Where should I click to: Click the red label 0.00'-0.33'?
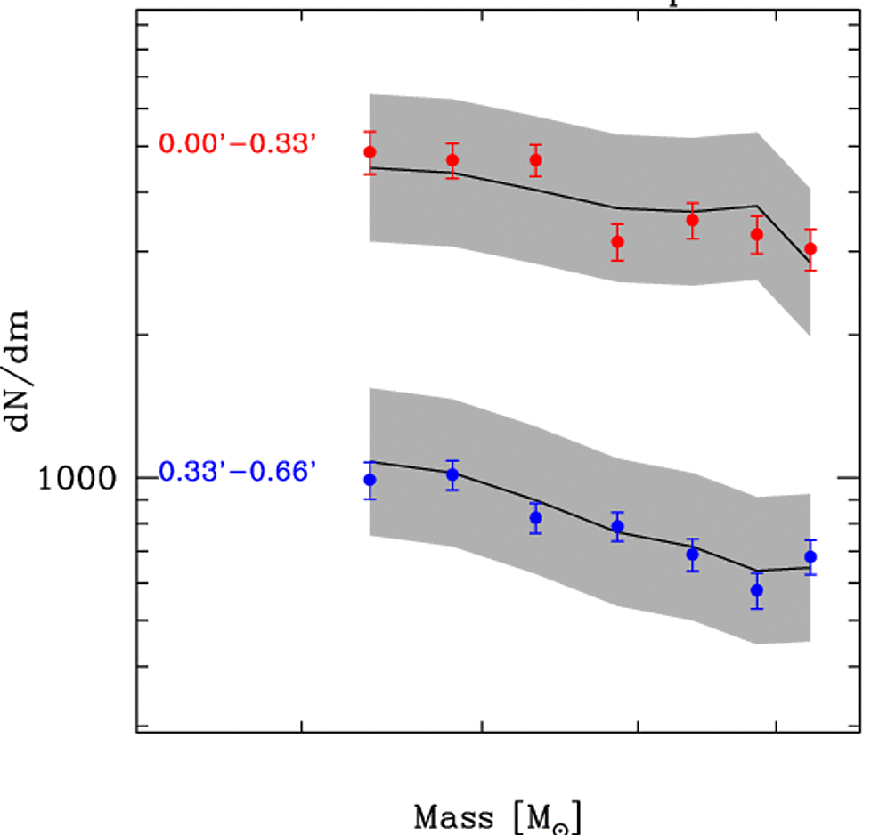tap(237, 143)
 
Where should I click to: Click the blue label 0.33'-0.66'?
tap(238, 472)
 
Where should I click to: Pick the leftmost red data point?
tap(370, 152)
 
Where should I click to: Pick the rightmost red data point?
tap(810, 249)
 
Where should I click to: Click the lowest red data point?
tap(810, 249)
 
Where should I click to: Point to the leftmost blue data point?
tap(370, 481)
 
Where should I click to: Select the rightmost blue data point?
tap(810, 557)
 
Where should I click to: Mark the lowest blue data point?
tap(757, 589)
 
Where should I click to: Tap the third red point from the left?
tap(536, 160)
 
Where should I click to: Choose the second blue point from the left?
tap(452, 474)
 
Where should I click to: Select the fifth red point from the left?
tap(692, 221)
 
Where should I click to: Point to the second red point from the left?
tap(452, 160)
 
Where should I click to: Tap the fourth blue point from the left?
tap(617, 527)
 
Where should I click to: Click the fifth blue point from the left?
tap(692, 555)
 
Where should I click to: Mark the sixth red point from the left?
tap(757, 235)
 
